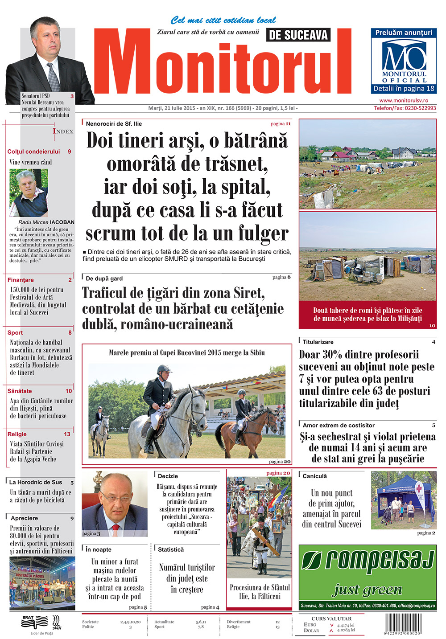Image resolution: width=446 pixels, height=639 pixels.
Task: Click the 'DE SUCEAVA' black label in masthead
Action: (x=298, y=35)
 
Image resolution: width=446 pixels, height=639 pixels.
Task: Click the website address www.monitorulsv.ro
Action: (x=403, y=101)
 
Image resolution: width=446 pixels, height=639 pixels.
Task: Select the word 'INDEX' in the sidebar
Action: (x=63, y=131)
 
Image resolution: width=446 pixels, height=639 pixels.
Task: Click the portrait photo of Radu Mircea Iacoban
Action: (x=29, y=193)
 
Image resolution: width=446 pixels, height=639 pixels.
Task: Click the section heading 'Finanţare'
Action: (x=21, y=280)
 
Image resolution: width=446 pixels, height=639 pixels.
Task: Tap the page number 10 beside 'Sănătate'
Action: (x=69, y=391)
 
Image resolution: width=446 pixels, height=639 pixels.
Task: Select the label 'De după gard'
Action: (x=104, y=279)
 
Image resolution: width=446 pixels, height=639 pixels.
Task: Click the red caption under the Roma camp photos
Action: (x=368, y=314)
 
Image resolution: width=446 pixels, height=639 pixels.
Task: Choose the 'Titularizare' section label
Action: (x=318, y=342)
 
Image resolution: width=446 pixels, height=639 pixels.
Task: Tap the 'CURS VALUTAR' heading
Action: (x=331, y=619)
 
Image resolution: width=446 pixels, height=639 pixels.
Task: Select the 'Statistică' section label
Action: (x=171, y=550)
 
